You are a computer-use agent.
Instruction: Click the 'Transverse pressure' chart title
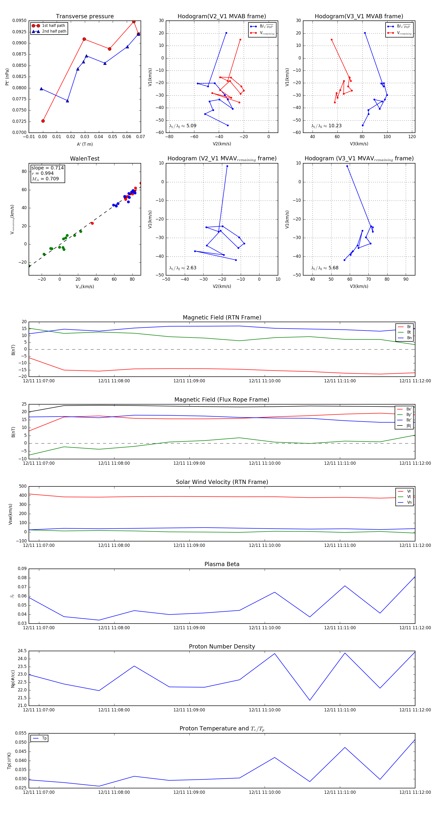pyautogui.click(x=85, y=17)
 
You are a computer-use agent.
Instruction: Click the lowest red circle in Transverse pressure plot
pyautogui.click(x=43, y=121)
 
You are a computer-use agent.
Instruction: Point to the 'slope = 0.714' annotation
pyautogui.click(x=47, y=168)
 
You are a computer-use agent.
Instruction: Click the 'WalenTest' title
pyautogui.click(x=85, y=159)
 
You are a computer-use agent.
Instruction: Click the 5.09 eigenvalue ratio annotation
pyautogui.click(x=191, y=126)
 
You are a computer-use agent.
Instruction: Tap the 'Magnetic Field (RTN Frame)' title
pyautogui.click(x=222, y=317)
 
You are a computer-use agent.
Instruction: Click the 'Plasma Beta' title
pyautogui.click(x=222, y=564)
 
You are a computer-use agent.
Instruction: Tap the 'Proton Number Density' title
pyautogui.click(x=222, y=647)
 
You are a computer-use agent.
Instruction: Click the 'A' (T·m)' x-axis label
pyautogui.click(x=85, y=144)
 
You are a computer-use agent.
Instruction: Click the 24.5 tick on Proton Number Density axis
pyautogui.click(x=22, y=651)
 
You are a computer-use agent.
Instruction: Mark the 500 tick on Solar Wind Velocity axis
pyautogui.click(x=23, y=486)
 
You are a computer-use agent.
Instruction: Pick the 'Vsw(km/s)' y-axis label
pyautogui.click(x=10, y=514)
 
